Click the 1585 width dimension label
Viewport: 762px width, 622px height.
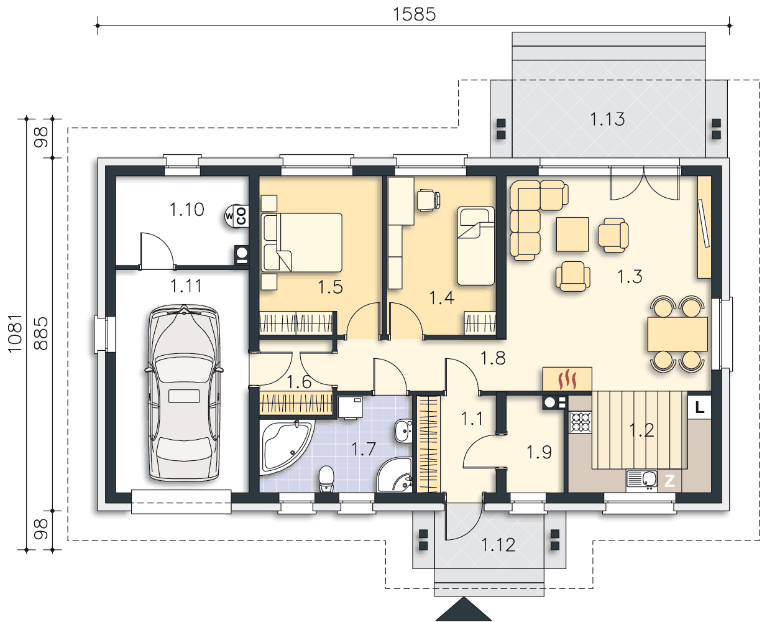click(x=414, y=14)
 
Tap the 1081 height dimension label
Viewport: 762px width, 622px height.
click(x=15, y=333)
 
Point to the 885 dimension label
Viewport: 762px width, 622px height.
click(x=41, y=333)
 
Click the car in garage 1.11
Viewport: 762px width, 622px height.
click(x=184, y=393)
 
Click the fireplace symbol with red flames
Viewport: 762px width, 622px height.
click(x=567, y=379)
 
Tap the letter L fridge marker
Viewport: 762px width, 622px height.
click(x=699, y=407)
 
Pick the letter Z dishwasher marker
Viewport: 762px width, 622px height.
click(x=669, y=481)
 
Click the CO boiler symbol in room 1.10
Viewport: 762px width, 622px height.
click(x=237, y=216)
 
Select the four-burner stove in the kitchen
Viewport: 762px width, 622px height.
click(x=581, y=422)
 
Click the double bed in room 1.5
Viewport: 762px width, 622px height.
click(x=301, y=243)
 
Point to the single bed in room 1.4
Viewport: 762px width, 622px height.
click(x=475, y=246)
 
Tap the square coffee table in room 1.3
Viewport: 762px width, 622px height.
click(x=572, y=234)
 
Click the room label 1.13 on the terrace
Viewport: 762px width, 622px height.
click(x=607, y=119)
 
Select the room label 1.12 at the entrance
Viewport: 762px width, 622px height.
click(x=498, y=545)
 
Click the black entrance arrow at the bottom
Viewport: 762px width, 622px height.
click(x=464, y=610)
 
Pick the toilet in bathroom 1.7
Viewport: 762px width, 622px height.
click(x=326, y=479)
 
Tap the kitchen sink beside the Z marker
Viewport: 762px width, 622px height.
click(x=641, y=480)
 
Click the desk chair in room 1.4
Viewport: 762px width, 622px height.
click(x=428, y=200)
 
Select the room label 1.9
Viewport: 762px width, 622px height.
click(x=539, y=452)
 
